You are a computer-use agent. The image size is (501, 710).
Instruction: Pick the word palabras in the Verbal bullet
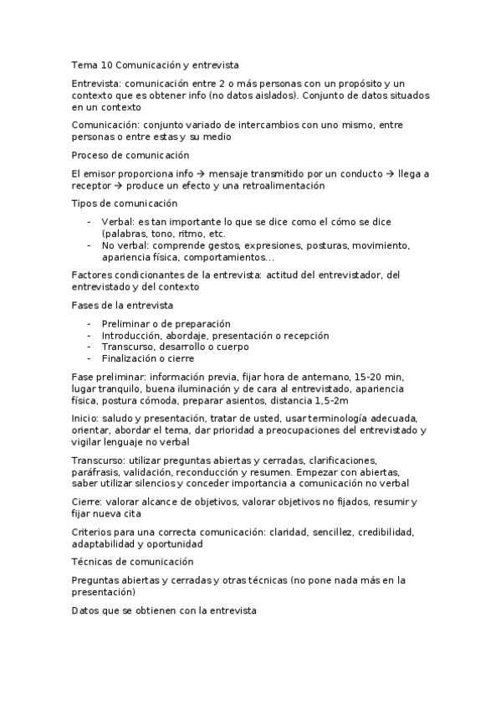pyautogui.click(x=124, y=234)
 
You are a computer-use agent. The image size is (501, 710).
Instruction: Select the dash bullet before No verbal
pyautogui.click(x=89, y=245)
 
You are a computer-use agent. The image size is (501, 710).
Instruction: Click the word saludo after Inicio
pyautogui.click(x=115, y=419)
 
